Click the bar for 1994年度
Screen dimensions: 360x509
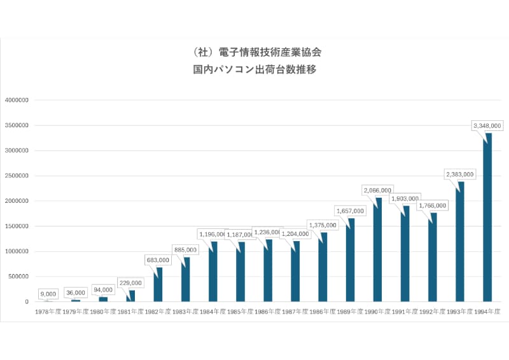(x=487, y=218)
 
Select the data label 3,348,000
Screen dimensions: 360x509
(x=487, y=126)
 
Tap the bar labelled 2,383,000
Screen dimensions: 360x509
(x=460, y=242)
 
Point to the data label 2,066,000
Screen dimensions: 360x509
(x=378, y=190)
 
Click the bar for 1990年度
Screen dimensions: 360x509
(x=378, y=250)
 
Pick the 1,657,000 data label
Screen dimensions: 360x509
(x=350, y=211)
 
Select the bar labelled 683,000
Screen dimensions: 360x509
(x=158, y=284)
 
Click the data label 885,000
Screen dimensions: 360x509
(x=186, y=249)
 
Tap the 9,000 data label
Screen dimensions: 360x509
(x=48, y=294)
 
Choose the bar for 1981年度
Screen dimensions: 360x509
(x=131, y=296)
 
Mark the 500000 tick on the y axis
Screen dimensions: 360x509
(x=19, y=277)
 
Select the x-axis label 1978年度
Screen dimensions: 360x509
(x=48, y=312)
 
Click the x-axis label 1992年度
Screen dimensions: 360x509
(x=433, y=312)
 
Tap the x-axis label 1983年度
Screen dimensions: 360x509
(x=186, y=312)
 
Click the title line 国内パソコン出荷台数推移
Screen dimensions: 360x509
(x=254, y=70)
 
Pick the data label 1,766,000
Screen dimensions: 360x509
(x=433, y=205)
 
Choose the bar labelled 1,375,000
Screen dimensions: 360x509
(x=323, y=267)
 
